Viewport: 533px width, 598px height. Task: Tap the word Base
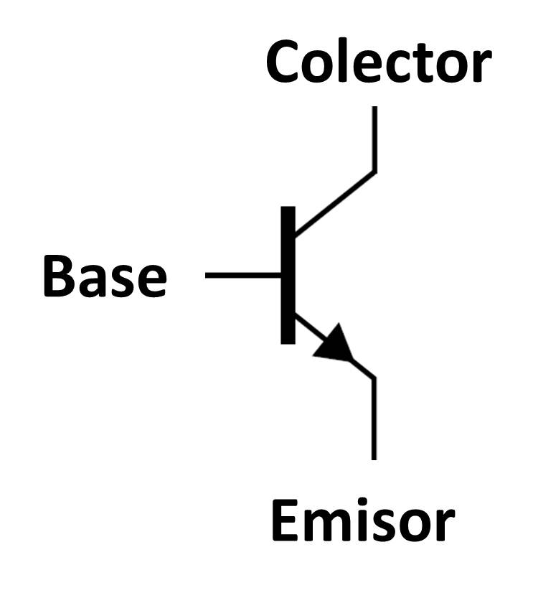(x=105, y=276)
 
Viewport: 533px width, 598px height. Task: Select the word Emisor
(x=363, y=520)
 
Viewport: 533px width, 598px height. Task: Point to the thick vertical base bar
(x=288, y=275)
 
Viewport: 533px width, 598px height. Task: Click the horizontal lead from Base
(x=243, y=276)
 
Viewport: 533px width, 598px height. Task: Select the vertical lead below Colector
(x=374, y=139)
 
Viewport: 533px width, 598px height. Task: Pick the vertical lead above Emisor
(x=374, y=419)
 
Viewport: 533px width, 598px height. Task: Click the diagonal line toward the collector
(x=335, y=203)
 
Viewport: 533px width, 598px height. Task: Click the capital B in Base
(x=58, y=276)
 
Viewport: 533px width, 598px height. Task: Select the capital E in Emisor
(x=285, y=520)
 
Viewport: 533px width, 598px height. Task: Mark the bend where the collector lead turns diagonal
(x=374, y=172)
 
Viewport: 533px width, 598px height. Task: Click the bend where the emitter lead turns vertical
(x=374, y=378)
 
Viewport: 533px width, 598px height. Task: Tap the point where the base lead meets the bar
(x=281, y=276)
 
